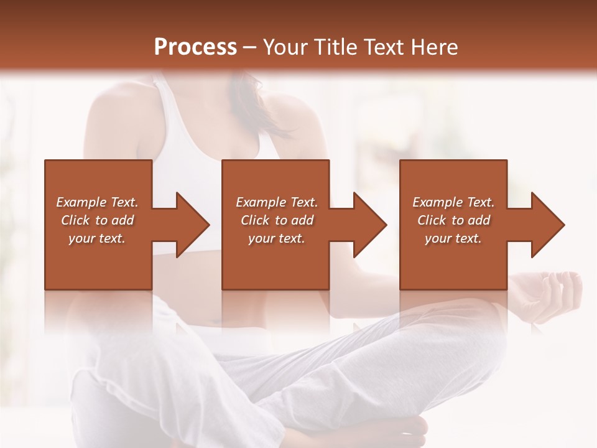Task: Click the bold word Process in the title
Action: [x=195, y=47]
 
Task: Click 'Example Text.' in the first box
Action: [x=98, y=202]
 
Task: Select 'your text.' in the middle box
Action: [x=276, y=238]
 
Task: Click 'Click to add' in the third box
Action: [x=453, y=220]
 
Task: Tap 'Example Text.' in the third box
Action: [x=453, y=202]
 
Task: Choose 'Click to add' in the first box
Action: [x=98, y=220]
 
